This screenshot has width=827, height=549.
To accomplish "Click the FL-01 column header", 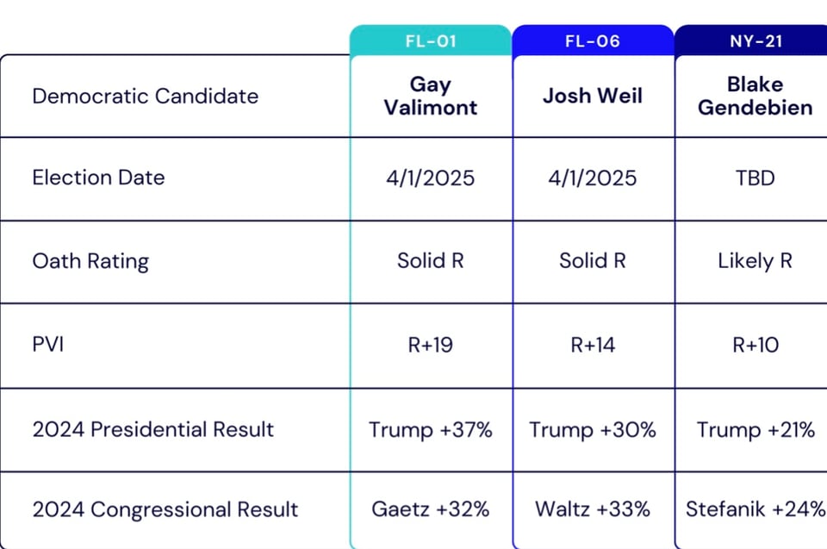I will point(431,41).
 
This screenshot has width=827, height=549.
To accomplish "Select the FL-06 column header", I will point(593,41).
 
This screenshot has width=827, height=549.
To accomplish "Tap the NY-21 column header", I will point(755,41).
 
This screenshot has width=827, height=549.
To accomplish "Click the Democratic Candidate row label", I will point(145,96).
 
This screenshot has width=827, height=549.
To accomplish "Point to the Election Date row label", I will point(98,178).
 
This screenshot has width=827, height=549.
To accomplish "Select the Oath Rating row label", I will point(90,261).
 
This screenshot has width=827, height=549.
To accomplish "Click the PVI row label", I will point(48,345).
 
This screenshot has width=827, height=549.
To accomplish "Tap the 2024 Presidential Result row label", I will point(153,429).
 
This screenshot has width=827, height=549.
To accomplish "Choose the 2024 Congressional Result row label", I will point(165,509).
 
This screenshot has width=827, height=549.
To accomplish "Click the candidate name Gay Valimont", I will point(431,96).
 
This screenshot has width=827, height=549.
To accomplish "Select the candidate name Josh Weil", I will point(593,95).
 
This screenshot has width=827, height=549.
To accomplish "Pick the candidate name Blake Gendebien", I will point(755,96).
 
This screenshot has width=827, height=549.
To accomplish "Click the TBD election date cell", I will point(755,178).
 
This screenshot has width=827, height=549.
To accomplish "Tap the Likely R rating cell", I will point(755,261).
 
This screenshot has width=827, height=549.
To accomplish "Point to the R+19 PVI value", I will point(431,346).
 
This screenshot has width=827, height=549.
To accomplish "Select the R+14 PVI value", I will point(593,346).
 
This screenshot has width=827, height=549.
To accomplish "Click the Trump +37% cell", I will point(431,429).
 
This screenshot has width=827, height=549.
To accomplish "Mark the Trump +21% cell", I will point(755,429).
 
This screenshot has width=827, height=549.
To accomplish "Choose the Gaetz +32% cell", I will point(431,509).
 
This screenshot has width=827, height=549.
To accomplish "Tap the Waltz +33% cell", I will point(593,509).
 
